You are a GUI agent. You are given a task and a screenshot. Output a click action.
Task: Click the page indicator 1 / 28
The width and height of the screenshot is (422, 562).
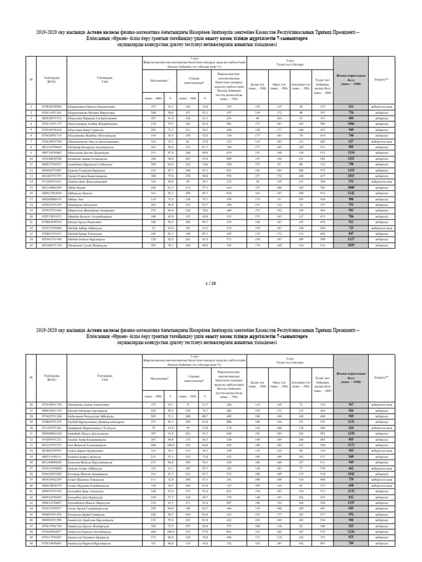pos(211,283)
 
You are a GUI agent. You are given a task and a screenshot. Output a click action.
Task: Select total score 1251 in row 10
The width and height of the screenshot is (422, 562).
pos(350,142)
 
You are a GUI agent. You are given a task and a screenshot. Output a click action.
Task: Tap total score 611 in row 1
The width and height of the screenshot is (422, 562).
pos(350,106)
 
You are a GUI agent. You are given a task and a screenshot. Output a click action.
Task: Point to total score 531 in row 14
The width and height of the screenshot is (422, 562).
pos(350,166)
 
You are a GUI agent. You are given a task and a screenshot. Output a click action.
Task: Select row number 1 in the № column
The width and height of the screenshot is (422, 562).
pos(31,106)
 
